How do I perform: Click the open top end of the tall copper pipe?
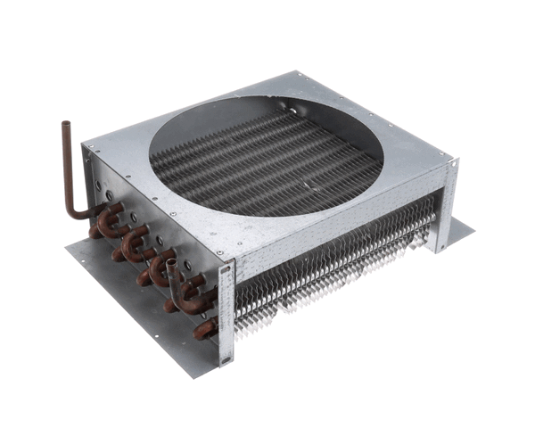point(65,126)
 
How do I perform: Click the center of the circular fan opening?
point(265,157)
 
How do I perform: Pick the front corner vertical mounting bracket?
point(226,312)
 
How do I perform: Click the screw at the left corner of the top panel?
point(90,146)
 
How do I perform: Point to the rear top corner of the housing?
point(295,74)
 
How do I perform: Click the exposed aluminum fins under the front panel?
point(339,267)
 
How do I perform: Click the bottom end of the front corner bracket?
point(225,362)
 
